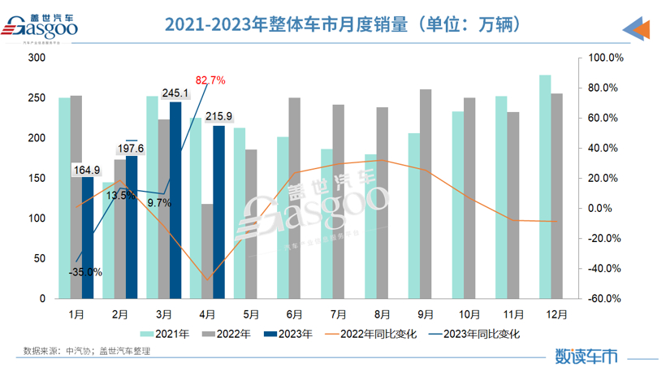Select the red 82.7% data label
(210, 80)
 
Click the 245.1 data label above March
(175, 94)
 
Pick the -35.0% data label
(85, 272)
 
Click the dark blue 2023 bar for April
(218, 211)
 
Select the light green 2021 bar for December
(545, 187)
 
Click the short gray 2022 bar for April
(207, 251)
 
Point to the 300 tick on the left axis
(37, 58)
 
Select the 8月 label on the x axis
(383, 313)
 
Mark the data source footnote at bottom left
(87, 351)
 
